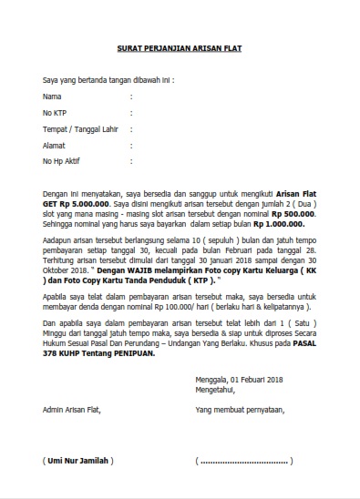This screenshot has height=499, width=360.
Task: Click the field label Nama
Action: point(52,95)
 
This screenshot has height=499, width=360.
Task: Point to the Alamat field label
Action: point(55,145)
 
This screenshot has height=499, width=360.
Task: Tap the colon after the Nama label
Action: point(131,95)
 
